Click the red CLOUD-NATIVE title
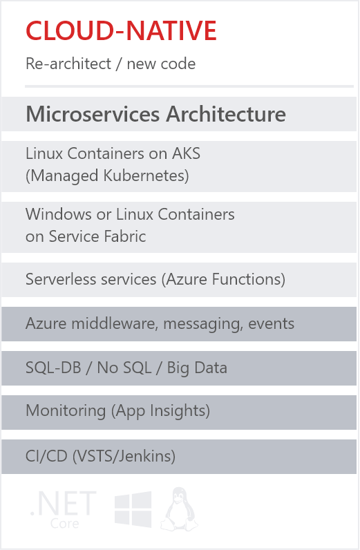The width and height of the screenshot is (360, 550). [121, 30]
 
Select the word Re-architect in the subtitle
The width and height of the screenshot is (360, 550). [68, 64]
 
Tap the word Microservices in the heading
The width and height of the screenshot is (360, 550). [93, 114]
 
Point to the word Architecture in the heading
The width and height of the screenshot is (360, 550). [226, 114]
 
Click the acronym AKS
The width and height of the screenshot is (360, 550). [186, 153]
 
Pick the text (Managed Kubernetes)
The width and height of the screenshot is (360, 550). [107, 176]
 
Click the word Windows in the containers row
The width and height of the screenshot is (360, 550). [59, 214]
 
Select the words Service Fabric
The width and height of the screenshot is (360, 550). [97, 236]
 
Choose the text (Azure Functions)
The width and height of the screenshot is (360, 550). [223, 280]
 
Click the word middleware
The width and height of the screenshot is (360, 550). [115, 323]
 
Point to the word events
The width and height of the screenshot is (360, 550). [271, 324]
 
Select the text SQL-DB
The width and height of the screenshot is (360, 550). [53, 368]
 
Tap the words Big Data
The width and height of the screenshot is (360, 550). [197, 368]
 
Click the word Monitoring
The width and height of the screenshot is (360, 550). [66, 410]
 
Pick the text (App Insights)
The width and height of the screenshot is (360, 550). [161, 411]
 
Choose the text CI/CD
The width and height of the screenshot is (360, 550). [46, 456]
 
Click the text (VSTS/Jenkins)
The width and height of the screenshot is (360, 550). [124, 456]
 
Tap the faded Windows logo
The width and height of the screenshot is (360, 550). [133, 509]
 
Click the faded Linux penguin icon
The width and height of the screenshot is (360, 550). [179, 509]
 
